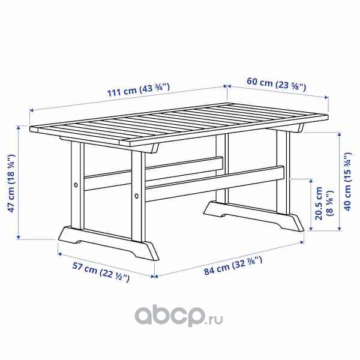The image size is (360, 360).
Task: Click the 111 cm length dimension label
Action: [x=139, y=89]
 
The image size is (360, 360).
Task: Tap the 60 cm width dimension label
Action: [x=277, y=84]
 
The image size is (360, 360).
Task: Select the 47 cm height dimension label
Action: [x=11, y=183]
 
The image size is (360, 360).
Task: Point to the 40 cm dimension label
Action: [x=347, y=181]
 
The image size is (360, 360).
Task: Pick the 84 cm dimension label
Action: [x=233, y=266]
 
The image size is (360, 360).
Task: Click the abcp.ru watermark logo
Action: [x=179, y=315]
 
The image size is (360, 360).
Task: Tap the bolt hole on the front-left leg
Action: [x=76, y=185]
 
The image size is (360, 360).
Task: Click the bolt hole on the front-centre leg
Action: [x=137, y=196]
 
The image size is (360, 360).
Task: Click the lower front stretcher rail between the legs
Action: [x=215, y=184]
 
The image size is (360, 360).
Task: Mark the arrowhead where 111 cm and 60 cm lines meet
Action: [x=227, y=86]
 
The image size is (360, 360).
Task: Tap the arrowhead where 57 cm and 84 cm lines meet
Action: [x=155, y=277]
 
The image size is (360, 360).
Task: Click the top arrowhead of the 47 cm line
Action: [x=19, y=127]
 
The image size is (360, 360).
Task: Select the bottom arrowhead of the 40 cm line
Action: [x=340, y=229]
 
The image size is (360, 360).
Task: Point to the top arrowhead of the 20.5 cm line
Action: [x=311, y=181]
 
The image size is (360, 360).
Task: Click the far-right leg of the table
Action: [x=283, y=172]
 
